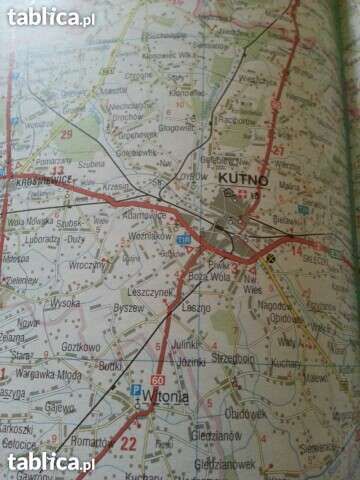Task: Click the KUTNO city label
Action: click(x=239, y=177)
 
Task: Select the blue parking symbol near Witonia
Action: click(x=136, y=390)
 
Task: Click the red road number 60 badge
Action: click(x=157, y=380)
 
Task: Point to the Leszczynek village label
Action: click(x=153, y=294)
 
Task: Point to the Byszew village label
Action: click(x=128, y=310)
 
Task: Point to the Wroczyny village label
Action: click(x=89, y=267)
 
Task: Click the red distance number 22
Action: click(x=128, y=442)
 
